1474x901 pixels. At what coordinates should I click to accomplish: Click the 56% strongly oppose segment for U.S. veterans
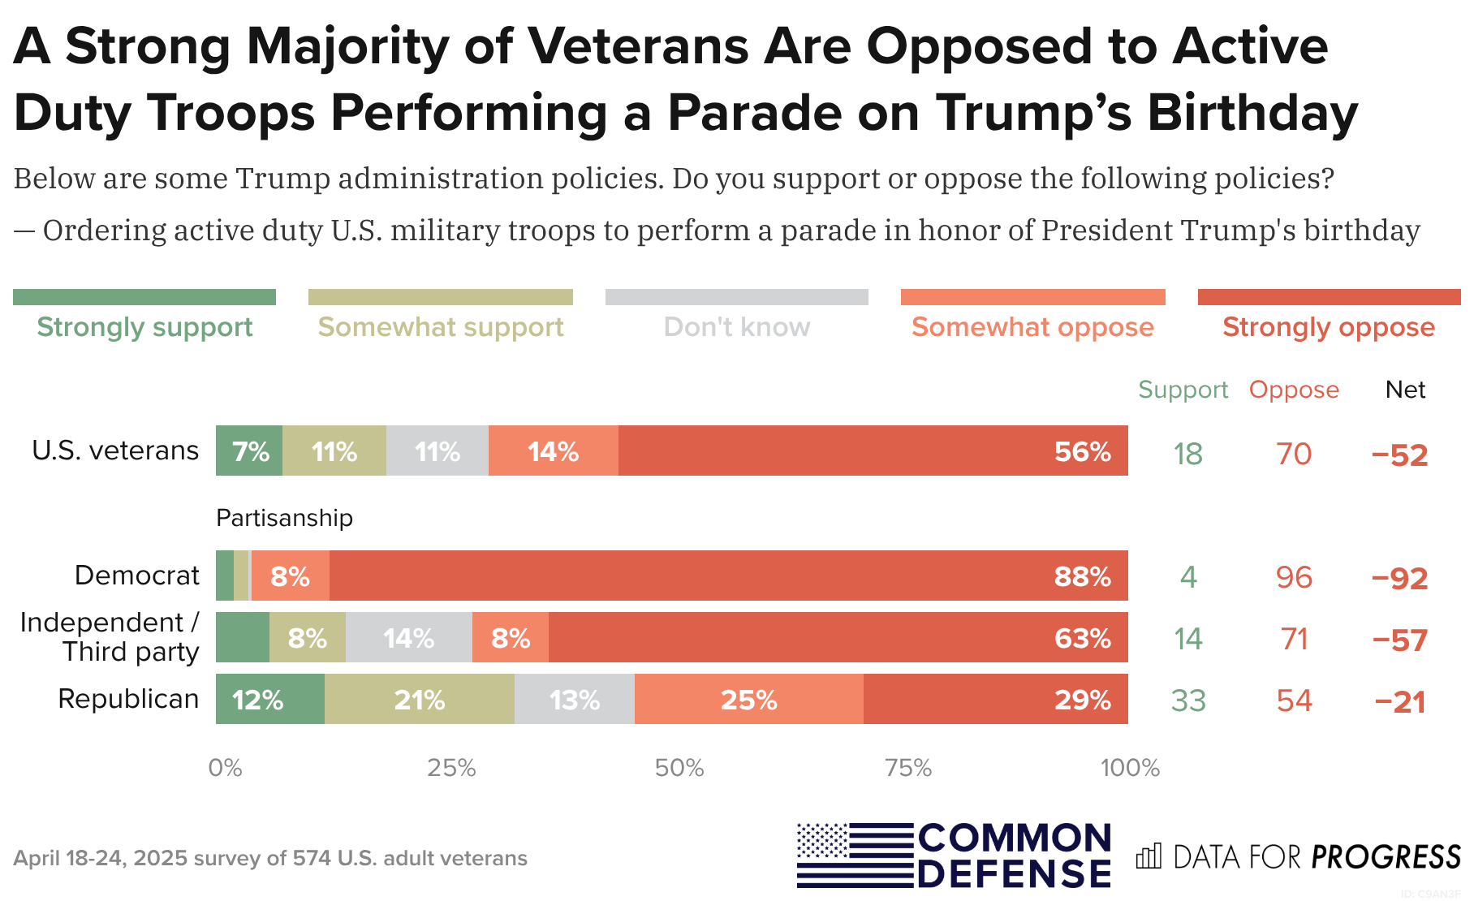873,450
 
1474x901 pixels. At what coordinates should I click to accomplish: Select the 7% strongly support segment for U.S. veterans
249,450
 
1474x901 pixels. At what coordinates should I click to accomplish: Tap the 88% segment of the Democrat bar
728,576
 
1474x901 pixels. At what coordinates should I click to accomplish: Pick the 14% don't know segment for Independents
409,638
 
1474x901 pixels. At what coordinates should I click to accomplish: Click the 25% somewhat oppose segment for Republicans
748,699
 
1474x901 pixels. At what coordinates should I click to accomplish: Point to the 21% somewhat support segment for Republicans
419,699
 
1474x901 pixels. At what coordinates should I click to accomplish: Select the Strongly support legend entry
144,326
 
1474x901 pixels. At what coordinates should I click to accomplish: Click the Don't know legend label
736,326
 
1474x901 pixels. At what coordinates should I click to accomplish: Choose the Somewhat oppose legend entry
1032,326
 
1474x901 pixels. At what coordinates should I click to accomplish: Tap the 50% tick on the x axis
679,768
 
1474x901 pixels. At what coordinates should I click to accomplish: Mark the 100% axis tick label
1130,768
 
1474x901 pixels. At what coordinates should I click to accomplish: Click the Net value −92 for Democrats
1399,578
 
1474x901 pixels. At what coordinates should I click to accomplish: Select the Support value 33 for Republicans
1188,701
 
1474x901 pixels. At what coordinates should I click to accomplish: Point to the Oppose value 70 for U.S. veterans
1294,454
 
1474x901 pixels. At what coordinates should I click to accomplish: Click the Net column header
1405,390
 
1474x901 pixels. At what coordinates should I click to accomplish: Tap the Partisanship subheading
284,518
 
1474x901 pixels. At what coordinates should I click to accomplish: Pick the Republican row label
128,699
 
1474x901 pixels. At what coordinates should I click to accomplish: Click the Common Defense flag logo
856,855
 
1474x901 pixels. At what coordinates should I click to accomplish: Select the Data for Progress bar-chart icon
1149,856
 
